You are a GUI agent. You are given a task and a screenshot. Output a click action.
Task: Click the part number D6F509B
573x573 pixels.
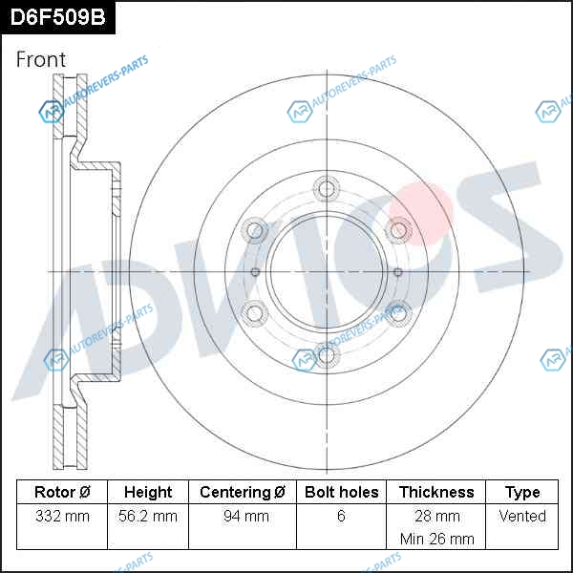pyautogui.click(x=57, y=17)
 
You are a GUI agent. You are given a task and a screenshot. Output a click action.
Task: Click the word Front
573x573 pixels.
pyautogui.click(x=41, y=59)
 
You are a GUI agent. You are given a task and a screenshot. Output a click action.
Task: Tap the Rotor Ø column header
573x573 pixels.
pyautogui.click(x=62, y=492)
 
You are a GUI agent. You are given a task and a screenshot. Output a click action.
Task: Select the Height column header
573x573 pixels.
pyautogui.click(x=148, y=492)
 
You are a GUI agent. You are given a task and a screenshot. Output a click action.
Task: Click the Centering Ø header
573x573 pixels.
pyautogui.click(x=243, y=492)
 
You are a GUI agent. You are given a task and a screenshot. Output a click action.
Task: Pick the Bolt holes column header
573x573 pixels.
pyautogui.click(x=341, y=492)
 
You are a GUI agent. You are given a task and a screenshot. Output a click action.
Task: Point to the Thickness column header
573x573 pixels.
pyautogui.click(x=436, y=492)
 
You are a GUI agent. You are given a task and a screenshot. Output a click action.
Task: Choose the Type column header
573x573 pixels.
pyautogui.click(x=522, y=493)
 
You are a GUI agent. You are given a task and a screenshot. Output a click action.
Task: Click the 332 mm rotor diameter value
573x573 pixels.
pyautogui.click(x=62, y=516)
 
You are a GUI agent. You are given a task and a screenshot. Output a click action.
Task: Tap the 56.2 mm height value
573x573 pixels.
pyautogui.click(x=148, y=516)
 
